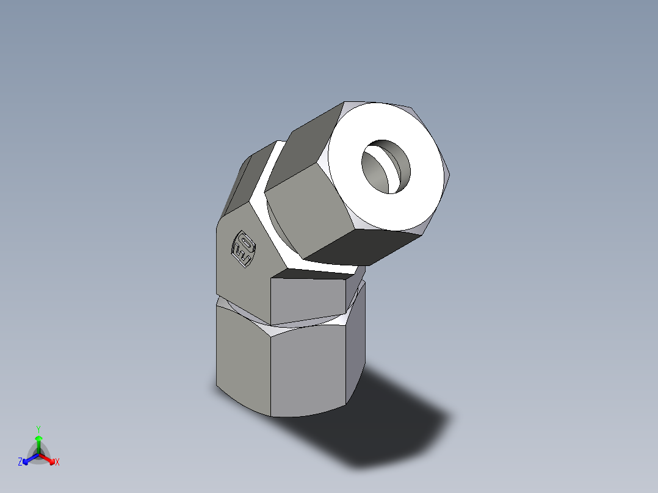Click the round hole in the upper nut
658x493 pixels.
click(386, 166)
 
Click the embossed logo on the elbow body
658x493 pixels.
click(242, 249)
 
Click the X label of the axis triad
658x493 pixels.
click(57, 462)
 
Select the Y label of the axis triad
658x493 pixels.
click(38, 429)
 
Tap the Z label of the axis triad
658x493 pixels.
click(20, 462)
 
